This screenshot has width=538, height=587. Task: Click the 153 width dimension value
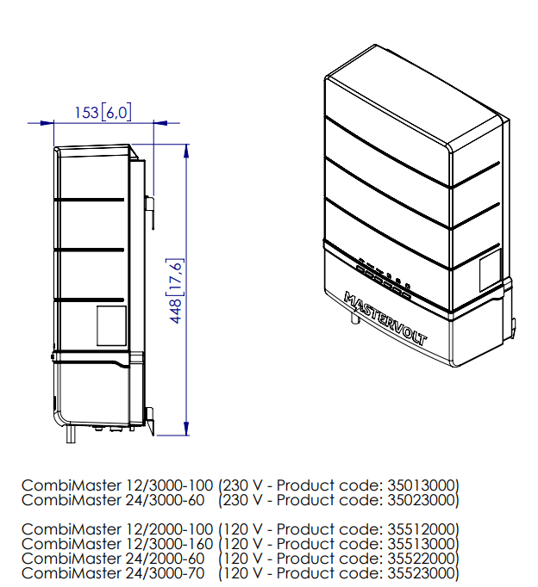pyautogui.click(x=86, y=112)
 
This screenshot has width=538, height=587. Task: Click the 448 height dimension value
pyautogui.click(x=176, y=311)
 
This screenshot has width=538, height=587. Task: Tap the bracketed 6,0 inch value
pyautogui.click(x=116, y=112)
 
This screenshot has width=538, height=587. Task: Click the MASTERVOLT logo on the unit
pyautogui.click(x=385, y=318)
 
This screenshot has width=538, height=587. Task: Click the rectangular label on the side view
pyautogui.click(x=111, y=325)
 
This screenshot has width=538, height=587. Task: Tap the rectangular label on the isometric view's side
pyautogui.click(x=491, y=270)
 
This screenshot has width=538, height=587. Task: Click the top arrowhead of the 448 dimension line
pyautogui.click(x=186, y=151)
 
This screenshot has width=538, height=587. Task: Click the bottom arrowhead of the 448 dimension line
pyautogui.click(x=186, y=429)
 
